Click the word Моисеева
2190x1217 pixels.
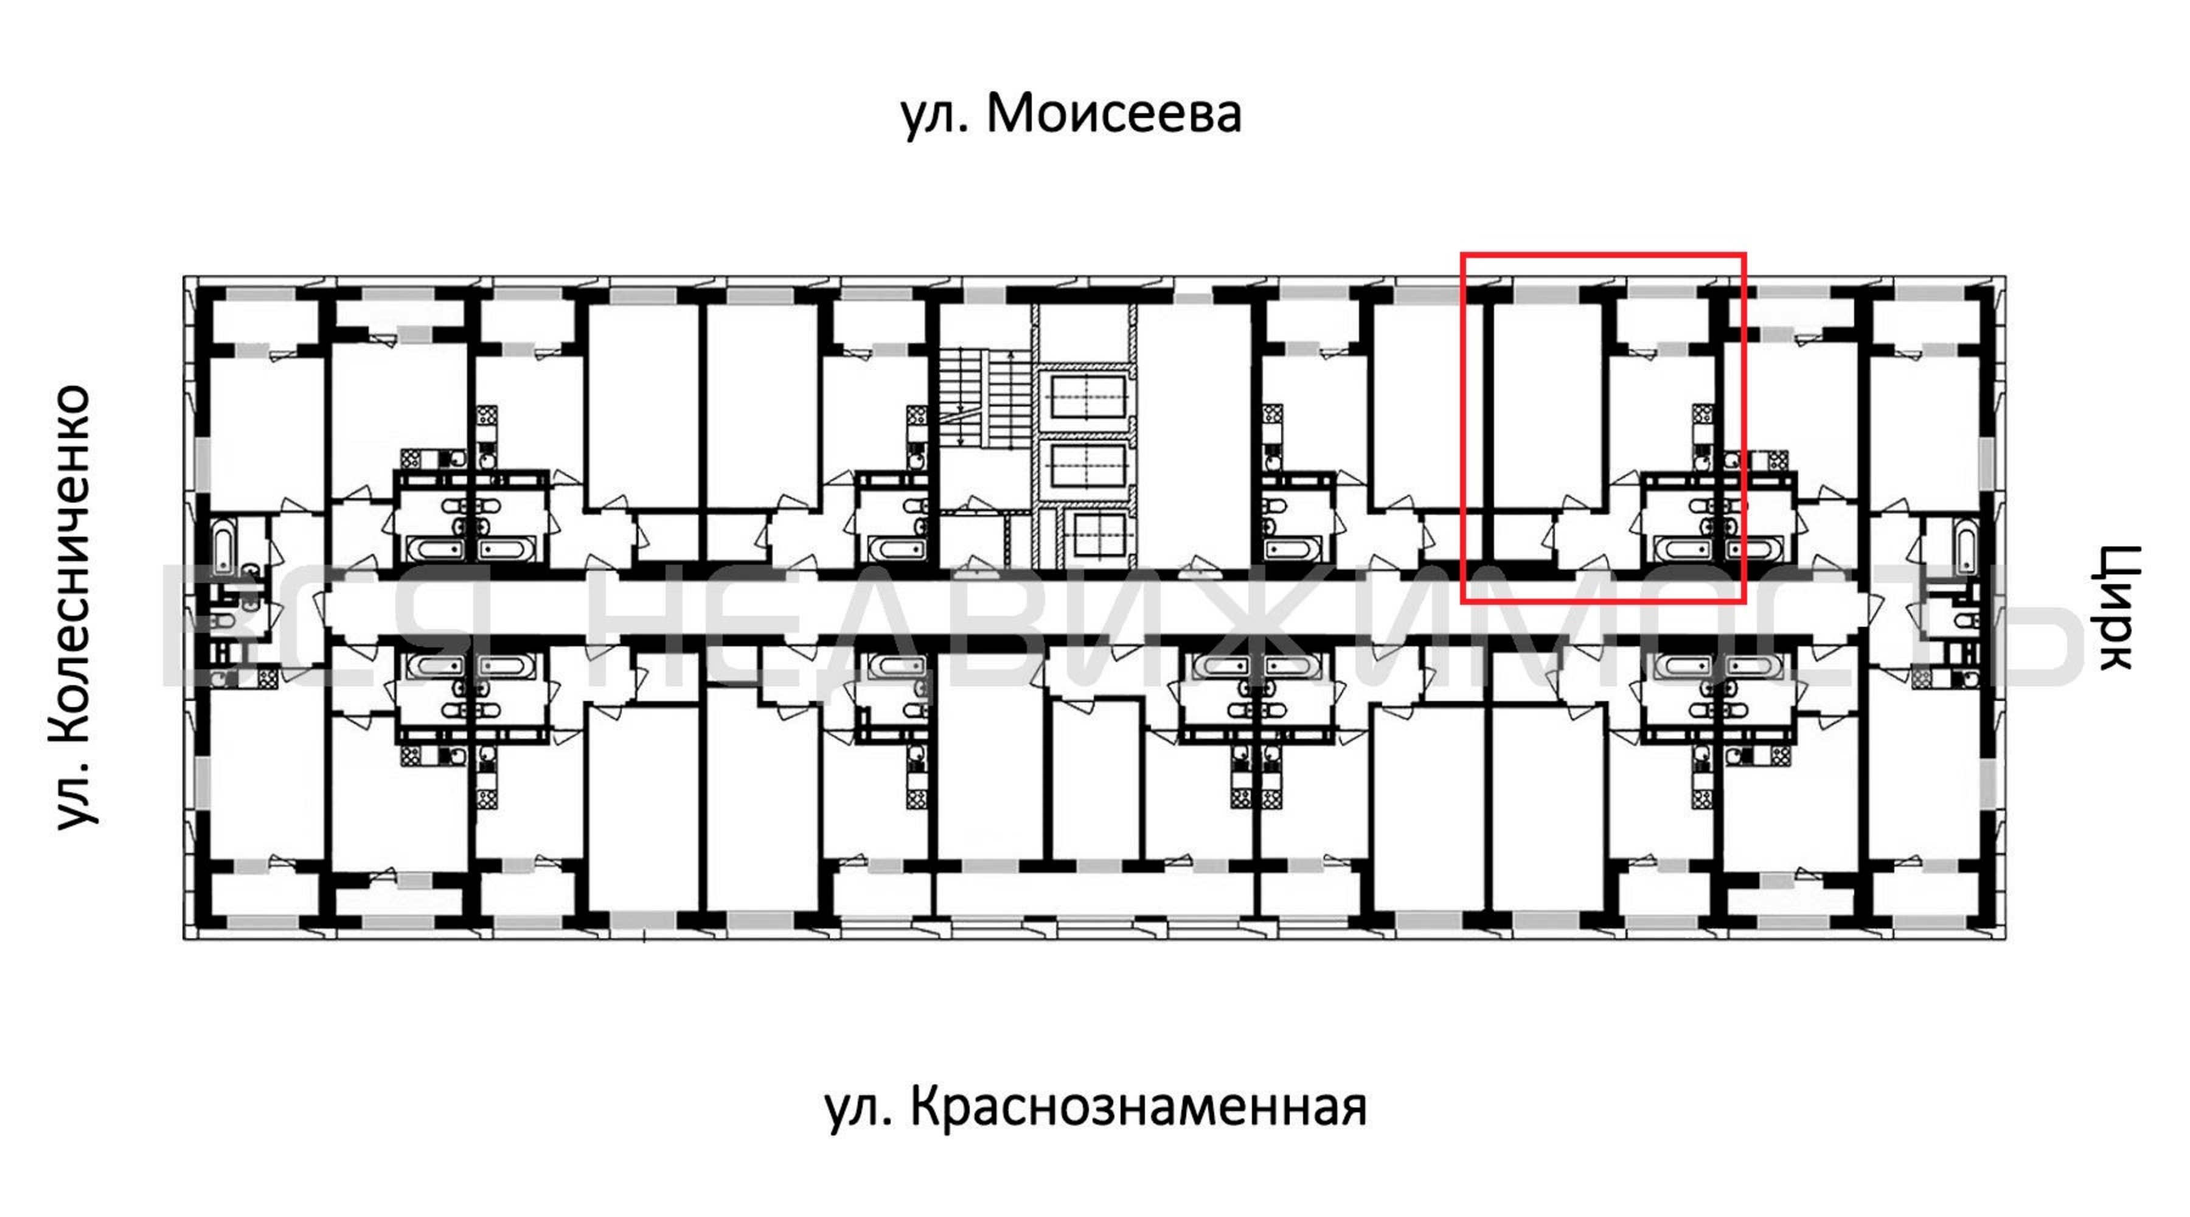1114,113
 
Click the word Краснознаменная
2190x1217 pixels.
1139,1107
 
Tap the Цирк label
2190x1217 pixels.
2117,607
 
